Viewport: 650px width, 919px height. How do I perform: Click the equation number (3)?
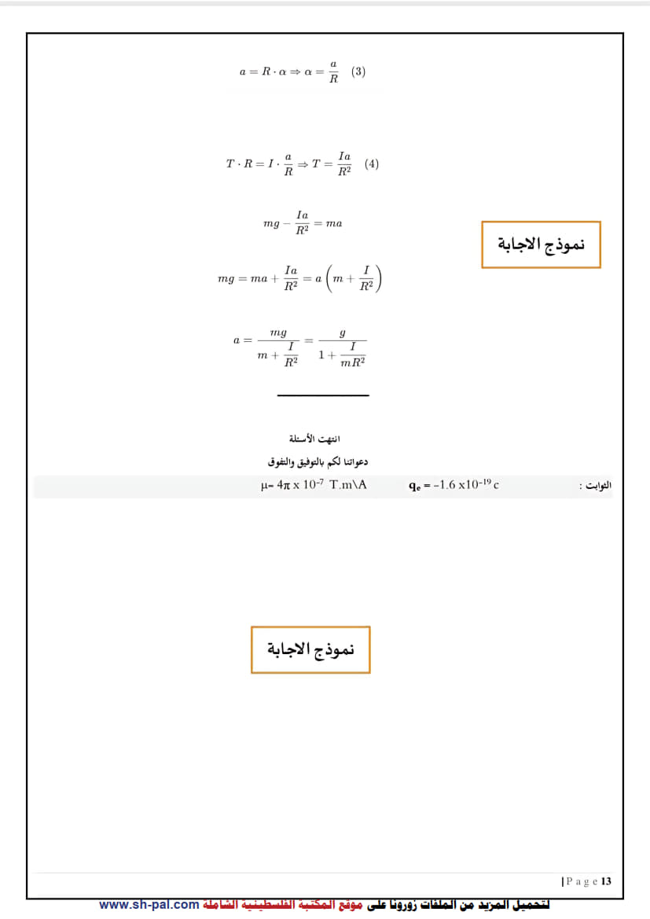point(358,72)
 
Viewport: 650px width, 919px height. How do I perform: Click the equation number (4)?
point(372,164)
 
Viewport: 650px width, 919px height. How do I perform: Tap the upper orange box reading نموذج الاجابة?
point(541,244)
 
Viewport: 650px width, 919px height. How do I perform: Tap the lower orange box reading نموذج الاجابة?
point(310,650)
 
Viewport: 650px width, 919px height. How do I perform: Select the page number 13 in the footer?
point(606,881)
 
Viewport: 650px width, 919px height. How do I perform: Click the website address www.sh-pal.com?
point(149,905)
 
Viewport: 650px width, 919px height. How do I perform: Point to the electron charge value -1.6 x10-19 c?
point(454,485)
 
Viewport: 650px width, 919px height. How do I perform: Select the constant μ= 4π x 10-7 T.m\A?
point(314,485)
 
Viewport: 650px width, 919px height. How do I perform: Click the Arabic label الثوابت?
point(595,486)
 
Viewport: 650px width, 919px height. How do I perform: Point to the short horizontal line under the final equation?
point(323,395)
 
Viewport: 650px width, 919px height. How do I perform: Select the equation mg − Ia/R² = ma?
point(303,223)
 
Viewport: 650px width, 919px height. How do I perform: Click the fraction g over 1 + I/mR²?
point(342,347)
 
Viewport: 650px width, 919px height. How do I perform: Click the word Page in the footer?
point(582,881)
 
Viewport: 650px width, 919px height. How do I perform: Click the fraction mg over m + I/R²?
point(278,347)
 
